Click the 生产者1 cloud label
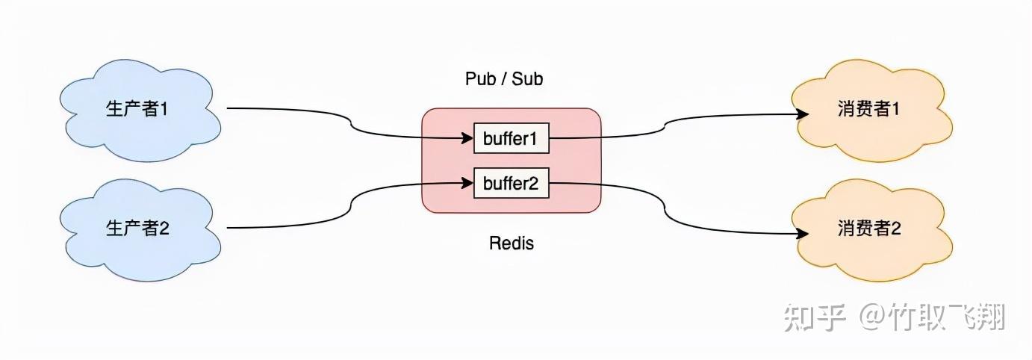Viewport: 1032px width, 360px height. [x=137, y=109]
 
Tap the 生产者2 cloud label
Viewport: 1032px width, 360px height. [x=137, y=228]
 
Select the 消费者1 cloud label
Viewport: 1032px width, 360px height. [x=868, y=109]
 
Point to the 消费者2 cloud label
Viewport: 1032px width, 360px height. [x=869, y=228]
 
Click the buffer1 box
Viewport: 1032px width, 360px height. [x=512, y=138]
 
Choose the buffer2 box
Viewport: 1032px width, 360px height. [x=512, y=183]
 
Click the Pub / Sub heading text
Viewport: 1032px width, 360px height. [x=504, y=79]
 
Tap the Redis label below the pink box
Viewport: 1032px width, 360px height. [x=512, y=243]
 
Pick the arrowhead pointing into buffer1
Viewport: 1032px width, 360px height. [x=467, y=137]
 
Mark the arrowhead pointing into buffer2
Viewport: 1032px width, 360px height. [x=467, y=183]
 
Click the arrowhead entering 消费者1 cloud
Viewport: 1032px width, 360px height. [x=803, y=114]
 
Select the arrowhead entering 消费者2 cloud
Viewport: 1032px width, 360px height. [x=803, y=234]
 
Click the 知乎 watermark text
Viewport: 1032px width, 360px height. [x=815, y=317]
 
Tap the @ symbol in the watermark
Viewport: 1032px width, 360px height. [x=874, y=317]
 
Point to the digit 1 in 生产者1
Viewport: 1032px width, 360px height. [x=163, y=109]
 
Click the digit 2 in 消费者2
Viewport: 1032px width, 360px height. [x=895, y=228]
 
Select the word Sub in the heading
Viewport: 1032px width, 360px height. [x=527, y=79]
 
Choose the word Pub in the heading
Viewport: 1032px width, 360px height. [x=480, y=79]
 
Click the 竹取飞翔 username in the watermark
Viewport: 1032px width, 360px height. [x=948, y=317]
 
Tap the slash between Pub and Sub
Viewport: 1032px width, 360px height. [x=503, y=79]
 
